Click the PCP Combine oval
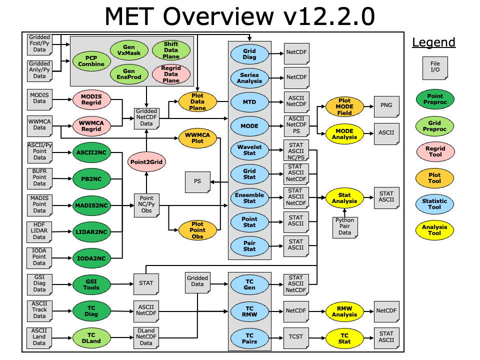(x=91, y=60)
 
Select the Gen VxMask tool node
(x=128, y=50)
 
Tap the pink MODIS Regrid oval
(x=91, y=99)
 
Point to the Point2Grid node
(x=146, y=162)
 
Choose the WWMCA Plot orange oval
(x=197, y=137)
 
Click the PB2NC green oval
(x=91, y=178)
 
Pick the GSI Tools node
(x=91, y=283)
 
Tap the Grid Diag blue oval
(x=249, y=54)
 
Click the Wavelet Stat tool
(x=249, y=150)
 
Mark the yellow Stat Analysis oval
(x=344, y=198)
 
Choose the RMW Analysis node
(x=344, y=311)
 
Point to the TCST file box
(x=296, y=337)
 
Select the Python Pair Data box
(x=344, y=226)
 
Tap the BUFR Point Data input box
(x=39, y=177)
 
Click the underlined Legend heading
(x=433, y=42)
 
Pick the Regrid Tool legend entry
(x=434, y=151)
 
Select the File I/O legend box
(x=434, y=68)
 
